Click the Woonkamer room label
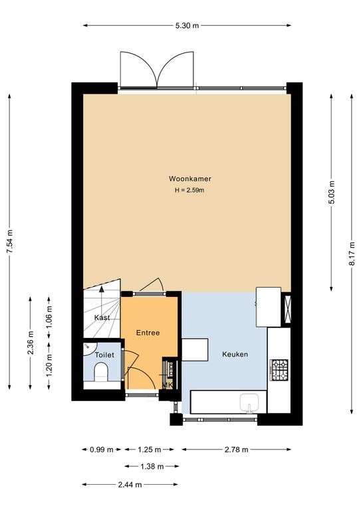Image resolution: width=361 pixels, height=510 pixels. coord(190,179)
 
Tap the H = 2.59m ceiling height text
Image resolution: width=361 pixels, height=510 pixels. coord(189,191)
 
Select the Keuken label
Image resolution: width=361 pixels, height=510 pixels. coord(235,354)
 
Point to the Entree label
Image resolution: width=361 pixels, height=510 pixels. coord(148,333)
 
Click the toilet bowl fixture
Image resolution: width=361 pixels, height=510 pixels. coord(101,372)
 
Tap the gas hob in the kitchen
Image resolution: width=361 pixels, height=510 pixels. coord(280,370)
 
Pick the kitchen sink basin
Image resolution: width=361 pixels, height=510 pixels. coord(249,403)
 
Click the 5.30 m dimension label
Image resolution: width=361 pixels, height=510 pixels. coord(187,26)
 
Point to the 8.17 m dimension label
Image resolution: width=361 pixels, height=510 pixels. coord(352,254)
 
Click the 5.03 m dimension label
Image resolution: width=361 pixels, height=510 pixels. coord(331,192)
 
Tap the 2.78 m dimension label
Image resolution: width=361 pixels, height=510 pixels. coord(236,450)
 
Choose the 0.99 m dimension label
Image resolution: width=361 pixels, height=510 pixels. coord(102,450)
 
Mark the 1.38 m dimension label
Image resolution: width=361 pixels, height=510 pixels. coord(152,467)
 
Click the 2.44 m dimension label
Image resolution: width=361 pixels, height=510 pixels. coord(130,485)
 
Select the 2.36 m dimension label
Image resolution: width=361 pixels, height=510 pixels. coord(31,343)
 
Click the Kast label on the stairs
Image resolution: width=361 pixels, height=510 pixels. coord(102,318)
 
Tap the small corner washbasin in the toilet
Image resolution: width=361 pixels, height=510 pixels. coord(88,347)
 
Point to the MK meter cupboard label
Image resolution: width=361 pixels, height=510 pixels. coord(168,385)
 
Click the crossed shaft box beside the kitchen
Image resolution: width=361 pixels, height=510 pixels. coord(287,309)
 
